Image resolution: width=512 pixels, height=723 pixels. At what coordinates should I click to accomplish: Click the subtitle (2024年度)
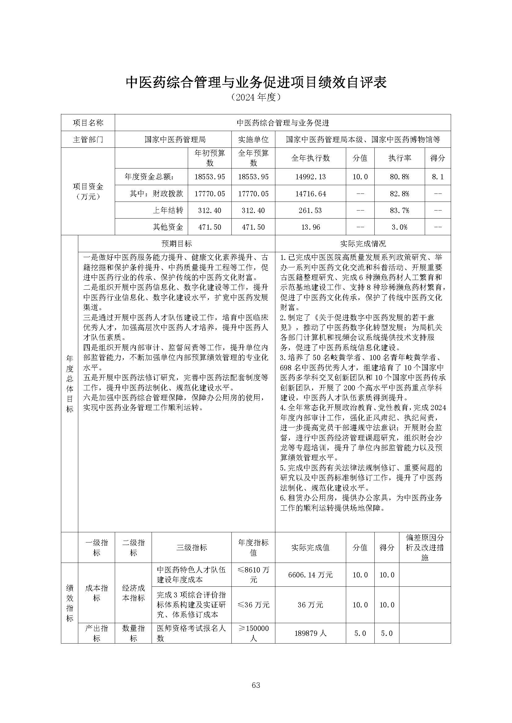[256, 97]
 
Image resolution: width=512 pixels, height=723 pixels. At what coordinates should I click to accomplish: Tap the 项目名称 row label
[88, 123]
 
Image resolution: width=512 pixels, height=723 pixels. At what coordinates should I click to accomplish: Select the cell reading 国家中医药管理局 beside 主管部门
[175, 139]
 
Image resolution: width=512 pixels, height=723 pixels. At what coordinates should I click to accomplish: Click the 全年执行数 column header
[310, 158]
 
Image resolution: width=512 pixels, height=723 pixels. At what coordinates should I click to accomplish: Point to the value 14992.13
[310, 177]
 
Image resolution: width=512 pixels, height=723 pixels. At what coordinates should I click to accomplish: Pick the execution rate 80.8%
[399, 177]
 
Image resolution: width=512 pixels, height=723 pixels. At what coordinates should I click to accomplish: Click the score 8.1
[437, 177]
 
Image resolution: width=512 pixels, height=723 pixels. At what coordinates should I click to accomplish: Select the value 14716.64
[310, 194]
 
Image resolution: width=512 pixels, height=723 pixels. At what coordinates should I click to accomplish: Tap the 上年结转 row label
[168, 210]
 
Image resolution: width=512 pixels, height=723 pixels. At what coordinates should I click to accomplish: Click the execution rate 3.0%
[399, 227]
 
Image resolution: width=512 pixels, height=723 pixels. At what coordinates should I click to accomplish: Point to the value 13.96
[310, 227]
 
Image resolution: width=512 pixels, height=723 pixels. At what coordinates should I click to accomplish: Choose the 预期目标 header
[176, 244]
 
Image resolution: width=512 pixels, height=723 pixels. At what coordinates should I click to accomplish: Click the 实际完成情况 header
[363, 244]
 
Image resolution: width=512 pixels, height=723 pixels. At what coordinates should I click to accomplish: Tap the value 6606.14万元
[310, 575]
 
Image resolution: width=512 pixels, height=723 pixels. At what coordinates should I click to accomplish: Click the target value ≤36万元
[253, 605]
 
